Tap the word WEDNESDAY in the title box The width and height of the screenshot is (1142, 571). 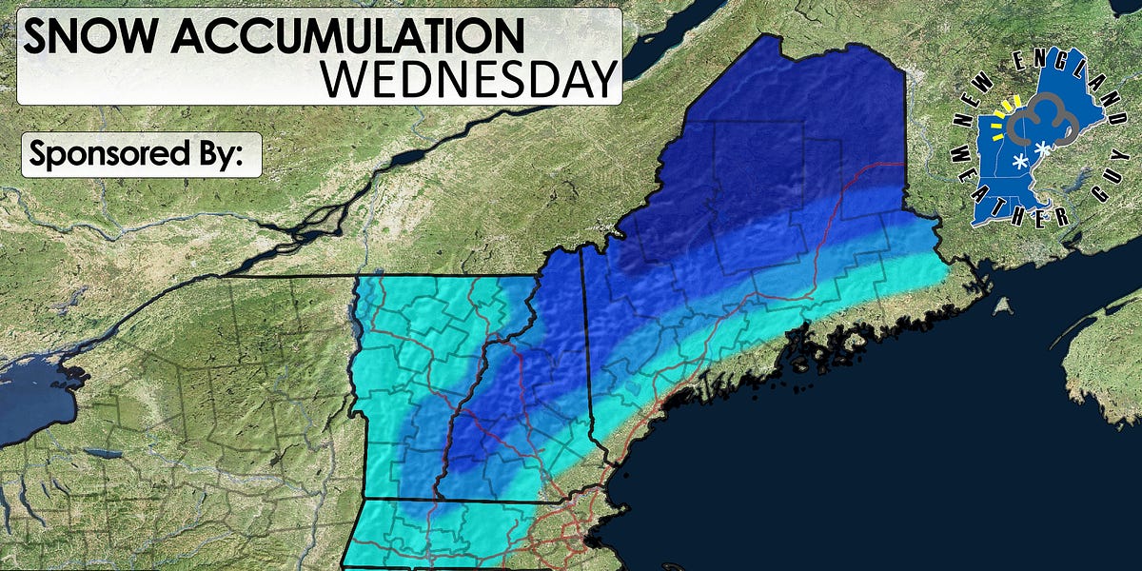tap(468, 80)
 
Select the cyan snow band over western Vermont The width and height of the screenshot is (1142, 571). tap(381, 381)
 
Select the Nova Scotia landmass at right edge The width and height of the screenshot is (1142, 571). tap(1104, 352)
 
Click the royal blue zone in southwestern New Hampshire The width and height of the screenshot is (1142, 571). tap(476, 447)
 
